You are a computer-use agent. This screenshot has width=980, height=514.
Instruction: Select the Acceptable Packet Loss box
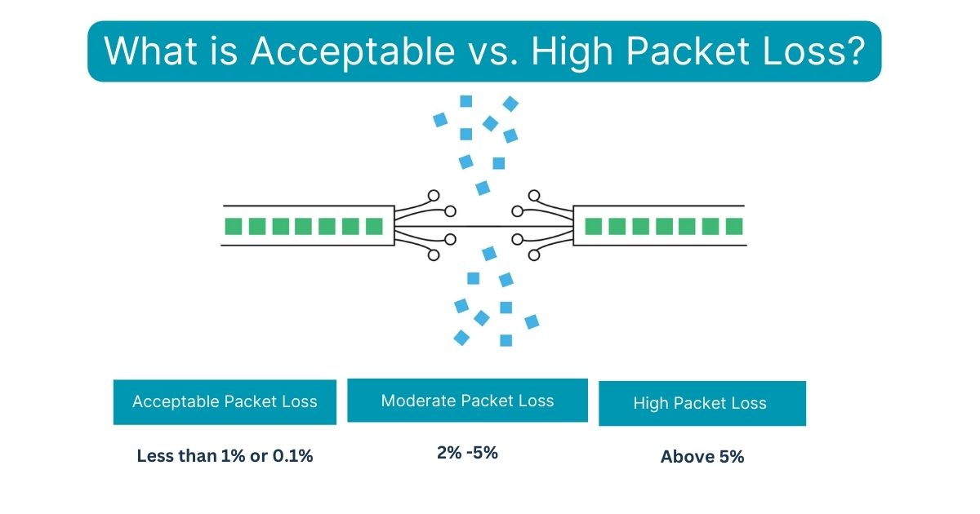coord(225,401)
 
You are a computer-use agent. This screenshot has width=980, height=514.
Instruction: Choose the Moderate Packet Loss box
coord(467,400)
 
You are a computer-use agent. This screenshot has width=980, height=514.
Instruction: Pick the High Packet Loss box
coord(702,403)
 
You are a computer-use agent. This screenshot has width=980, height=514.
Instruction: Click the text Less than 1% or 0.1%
coord(225,456)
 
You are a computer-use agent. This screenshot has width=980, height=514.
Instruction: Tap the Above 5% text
coord(702,457)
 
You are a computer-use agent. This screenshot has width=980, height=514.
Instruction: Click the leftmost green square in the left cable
coord(233,226)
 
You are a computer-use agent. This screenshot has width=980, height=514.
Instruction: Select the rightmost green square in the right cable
coord(734,226)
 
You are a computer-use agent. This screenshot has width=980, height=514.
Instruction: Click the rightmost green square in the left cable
coord(374,226)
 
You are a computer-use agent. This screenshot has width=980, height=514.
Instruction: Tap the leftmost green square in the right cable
coord(594,226)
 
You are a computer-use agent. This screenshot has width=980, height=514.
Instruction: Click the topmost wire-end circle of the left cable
coord(434,196)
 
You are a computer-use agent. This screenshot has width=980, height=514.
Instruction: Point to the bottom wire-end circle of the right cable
coord(534,255)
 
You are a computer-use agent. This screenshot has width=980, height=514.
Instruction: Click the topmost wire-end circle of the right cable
coord(534,196)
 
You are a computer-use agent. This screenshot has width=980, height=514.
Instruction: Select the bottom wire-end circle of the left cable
coord(434,255)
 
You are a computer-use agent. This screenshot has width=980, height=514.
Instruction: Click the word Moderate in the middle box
coord(418,401)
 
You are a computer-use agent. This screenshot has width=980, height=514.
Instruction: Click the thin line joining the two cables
coord(483,226)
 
